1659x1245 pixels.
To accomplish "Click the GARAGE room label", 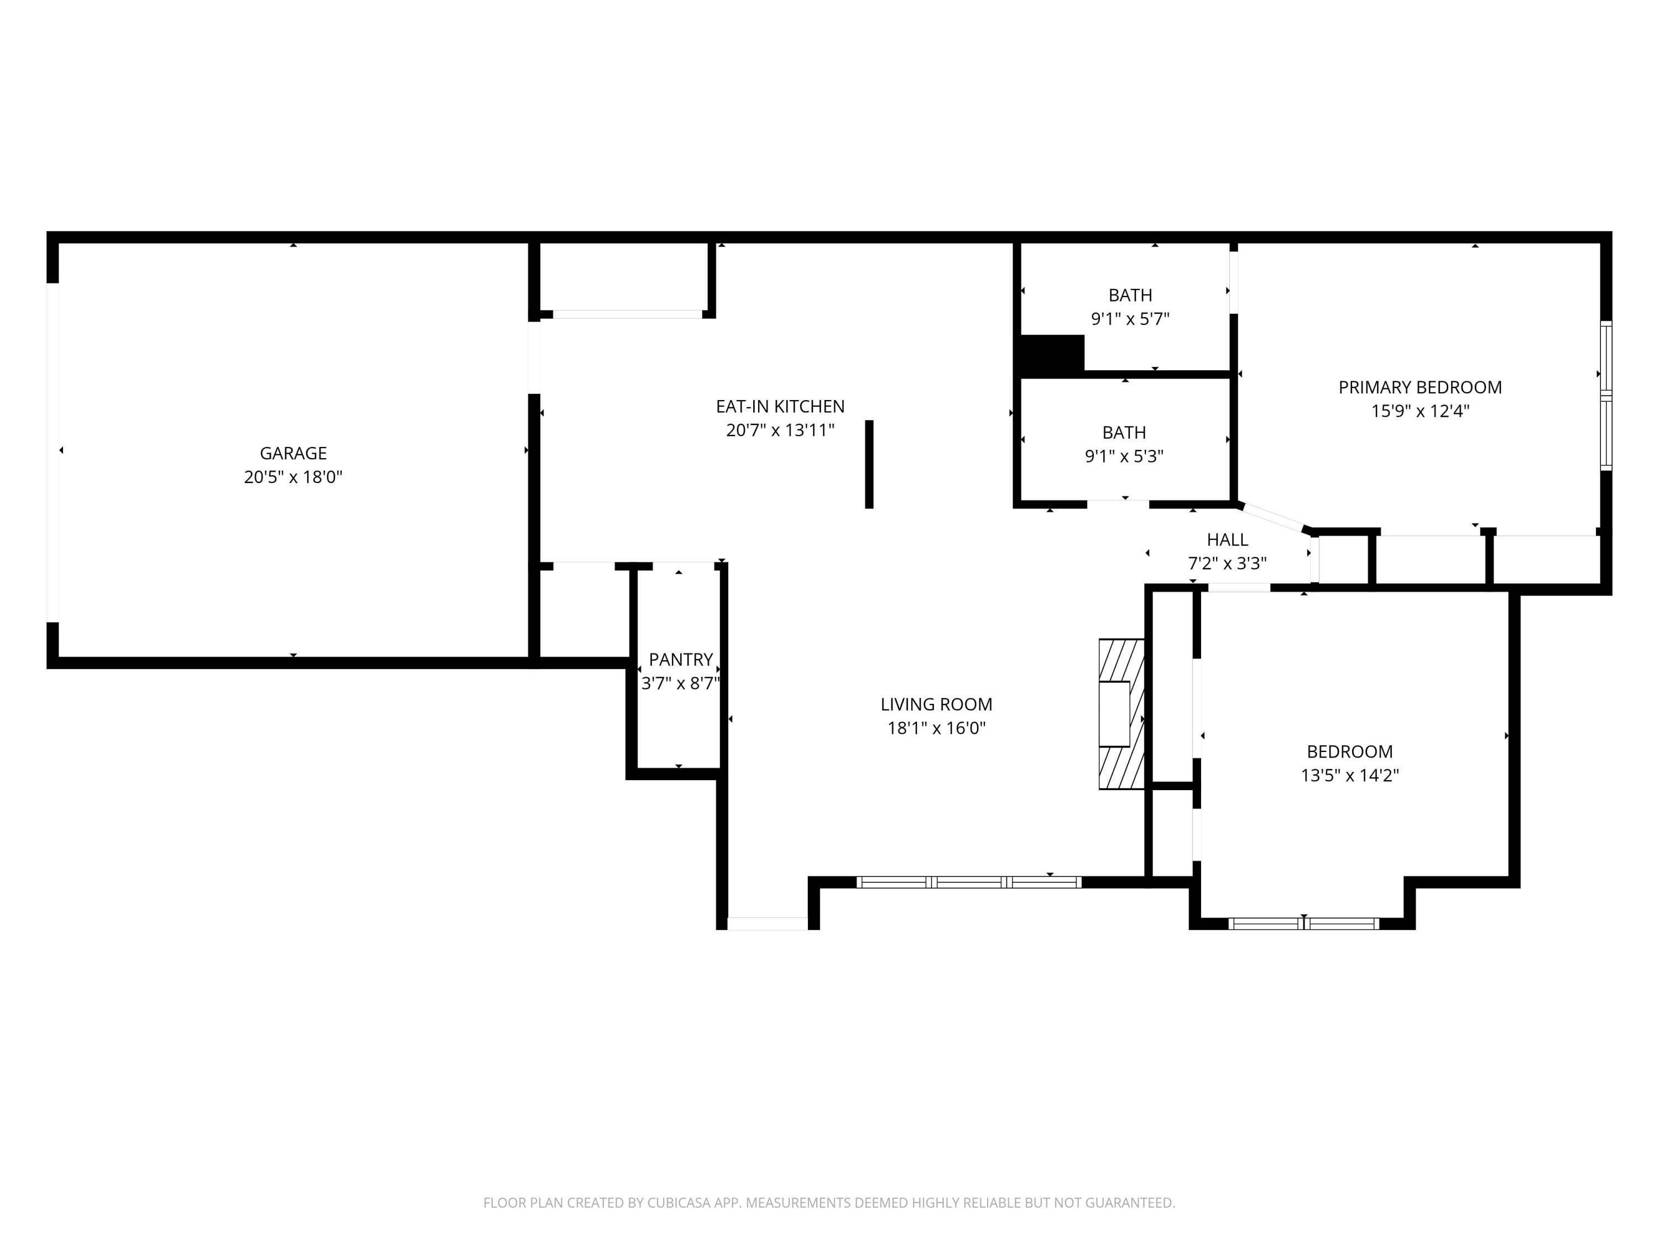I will click(x=293, y=453).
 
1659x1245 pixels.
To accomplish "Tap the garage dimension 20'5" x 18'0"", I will click(x=293, y=478).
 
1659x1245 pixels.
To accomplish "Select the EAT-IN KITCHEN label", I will click(x=780, y=406).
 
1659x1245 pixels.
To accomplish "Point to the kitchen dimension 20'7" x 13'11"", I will click(x=780, y=430).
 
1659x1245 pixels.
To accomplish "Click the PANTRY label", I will click(x=680, y=659).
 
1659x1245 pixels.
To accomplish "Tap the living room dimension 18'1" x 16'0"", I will click(x=936, y=728).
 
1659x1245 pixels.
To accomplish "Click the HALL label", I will click(x=1227, y=539).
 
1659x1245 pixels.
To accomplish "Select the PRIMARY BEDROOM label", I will click(x=1420, y=387).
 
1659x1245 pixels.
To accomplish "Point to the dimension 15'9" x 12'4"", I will click(x=1420, y=411).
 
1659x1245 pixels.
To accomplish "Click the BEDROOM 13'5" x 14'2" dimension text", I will click(x=1349, y=775).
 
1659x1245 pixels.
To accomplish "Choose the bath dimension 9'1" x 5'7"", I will click(x=1129, y=319).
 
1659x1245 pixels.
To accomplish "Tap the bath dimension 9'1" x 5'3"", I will click(x=1124, y=456).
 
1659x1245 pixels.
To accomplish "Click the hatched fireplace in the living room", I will click(x=1120, y=714).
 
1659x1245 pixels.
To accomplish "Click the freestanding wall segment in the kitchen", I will click(x=869, y=464).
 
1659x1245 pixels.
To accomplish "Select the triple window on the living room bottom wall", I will click(x=968, y=883).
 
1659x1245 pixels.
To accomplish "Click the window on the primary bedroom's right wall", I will click(x=1606, y=396).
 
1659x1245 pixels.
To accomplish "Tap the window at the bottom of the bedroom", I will click(x=1303, y=924).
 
